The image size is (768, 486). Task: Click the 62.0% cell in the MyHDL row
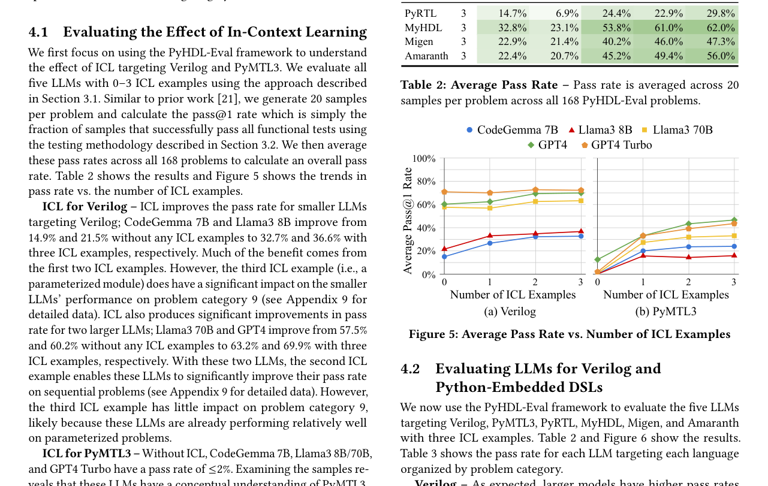[x=721, y=28]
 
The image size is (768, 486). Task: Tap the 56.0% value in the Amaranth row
[x=721, y=56]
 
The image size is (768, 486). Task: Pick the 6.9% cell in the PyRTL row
[x=567, y=13]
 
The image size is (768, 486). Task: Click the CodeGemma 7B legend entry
[x=512, y=130]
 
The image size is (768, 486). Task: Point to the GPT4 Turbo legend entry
[x=617, y=145]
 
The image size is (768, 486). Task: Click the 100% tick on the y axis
[x=424, y=159]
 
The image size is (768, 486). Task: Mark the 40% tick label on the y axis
[x=426, y=228]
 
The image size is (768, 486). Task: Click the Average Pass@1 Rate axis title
[x=407, y=221]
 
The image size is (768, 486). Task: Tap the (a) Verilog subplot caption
[x=510, y=312]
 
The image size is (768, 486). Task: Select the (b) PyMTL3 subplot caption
[x=665, y=312]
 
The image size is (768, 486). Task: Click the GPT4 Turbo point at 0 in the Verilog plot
[x=444, y=192]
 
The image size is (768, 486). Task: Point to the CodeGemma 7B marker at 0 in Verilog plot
[x=444, y=256]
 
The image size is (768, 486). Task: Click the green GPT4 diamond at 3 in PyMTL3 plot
[x=734, y=220]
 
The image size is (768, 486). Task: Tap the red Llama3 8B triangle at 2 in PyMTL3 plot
[x=688, y=257]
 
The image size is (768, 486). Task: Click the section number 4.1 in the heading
[x=38, y=32]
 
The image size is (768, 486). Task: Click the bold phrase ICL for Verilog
[x=85, y=207]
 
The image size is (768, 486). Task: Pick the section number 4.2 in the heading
[x=411, y=369]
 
